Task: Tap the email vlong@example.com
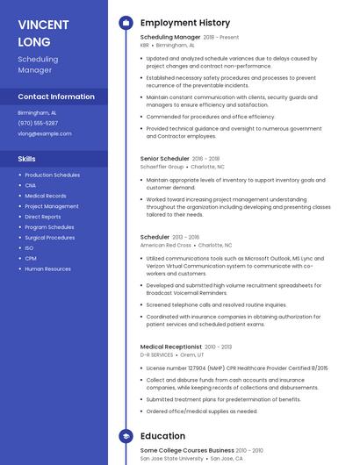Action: tap(45, 133)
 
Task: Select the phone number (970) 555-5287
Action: tap(38, 123)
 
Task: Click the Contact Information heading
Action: tap(56, 97)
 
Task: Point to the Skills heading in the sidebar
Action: tap(27, 159)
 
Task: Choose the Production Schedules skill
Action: tap(52, 175)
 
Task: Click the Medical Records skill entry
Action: tap(46, 196)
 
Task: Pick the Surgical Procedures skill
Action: tap(50, 238)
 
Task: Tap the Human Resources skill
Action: tap(48, 269)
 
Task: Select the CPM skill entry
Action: tap(31, 259)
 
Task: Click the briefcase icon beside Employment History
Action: tap(126, 23)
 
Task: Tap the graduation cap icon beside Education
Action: tap(126, 435)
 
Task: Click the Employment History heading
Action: tap(185, 23)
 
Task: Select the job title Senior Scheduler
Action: tap(164, 158)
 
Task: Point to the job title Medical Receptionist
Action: tap(171, 347)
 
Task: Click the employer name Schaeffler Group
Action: tap(162, 166)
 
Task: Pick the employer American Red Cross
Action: tap(164, 245)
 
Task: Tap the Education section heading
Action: tap(162, 435)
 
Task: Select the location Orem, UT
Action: tap(191, 354)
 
